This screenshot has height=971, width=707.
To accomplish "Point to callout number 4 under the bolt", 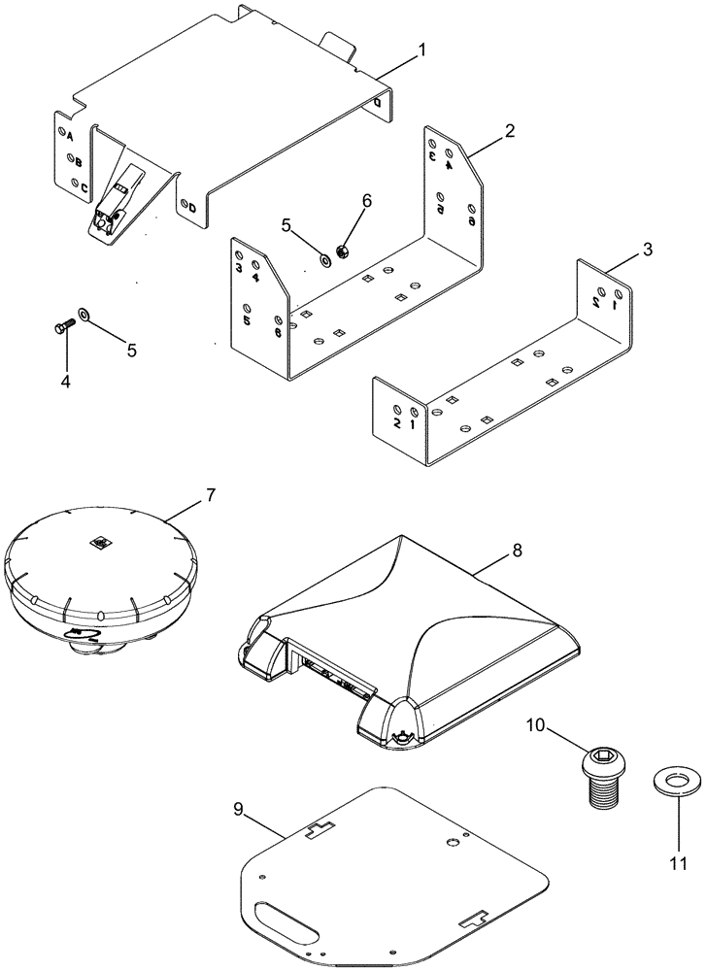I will pyautogui.click(x=65, y=383).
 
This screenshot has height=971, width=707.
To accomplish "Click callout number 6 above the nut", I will pyautogui.click(x=366, y=200).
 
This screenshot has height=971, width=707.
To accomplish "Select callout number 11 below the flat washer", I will pyautogui.click(x=681, y=861).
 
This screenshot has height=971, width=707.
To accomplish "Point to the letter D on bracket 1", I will pyautogui.click(x=191, y=208).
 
